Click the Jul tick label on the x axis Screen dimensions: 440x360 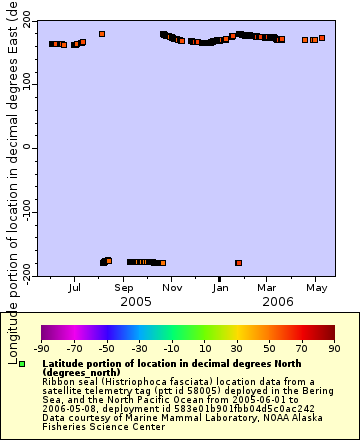[x=75, y=287]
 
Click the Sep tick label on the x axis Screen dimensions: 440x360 [x=123, y=287]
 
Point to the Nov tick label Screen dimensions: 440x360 [x=172, y=287]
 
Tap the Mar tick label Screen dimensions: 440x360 [x=267, y=287]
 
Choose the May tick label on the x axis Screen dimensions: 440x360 [x=317, y=287]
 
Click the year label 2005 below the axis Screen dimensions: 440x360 [x=135, y=301]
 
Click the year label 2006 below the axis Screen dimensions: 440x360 [x=280, y=301]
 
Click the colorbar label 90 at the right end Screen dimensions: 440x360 [x=334, y=348]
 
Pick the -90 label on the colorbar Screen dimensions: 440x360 [x=41, y=348]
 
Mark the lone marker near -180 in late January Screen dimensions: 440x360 [x=238, y=263]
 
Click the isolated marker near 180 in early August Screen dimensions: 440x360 [x=101, y=34]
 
